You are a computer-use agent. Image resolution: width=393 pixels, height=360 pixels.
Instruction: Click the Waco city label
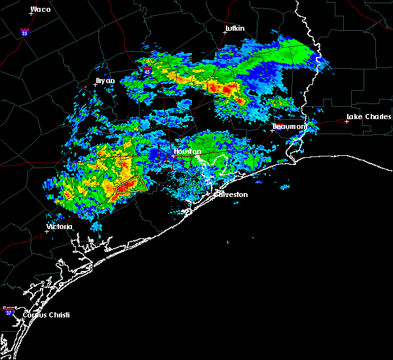click(x=41, y=9)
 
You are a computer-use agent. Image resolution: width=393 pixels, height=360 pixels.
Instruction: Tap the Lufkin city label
click(x=234, y=28)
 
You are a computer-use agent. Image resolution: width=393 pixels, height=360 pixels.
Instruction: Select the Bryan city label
click(x=105, y=81)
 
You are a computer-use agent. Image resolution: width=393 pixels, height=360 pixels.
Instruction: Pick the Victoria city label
click(x=59, y=226)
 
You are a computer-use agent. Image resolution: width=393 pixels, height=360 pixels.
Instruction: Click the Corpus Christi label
click(x=46, y=315)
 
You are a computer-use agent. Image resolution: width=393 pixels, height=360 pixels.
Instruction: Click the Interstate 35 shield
click(x=24, y=31)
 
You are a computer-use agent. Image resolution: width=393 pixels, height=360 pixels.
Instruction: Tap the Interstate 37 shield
click(x=8, y=309)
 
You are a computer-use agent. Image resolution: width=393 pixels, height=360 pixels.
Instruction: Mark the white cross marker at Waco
click(x=31, y=14)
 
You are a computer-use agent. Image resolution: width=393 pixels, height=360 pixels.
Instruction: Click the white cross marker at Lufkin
click(x=225, y=33)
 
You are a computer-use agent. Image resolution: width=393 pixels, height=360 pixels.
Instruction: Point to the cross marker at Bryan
click(x=96, y=84)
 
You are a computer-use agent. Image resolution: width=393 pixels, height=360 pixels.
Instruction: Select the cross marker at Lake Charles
click(x=347, y=121)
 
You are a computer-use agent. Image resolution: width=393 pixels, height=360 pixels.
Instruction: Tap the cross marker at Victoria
click(x=47, y=231)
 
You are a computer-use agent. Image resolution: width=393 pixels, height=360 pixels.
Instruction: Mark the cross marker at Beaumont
click(x=272, y=130)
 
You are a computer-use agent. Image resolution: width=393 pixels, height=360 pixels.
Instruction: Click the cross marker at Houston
click(x=172, y=156)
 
